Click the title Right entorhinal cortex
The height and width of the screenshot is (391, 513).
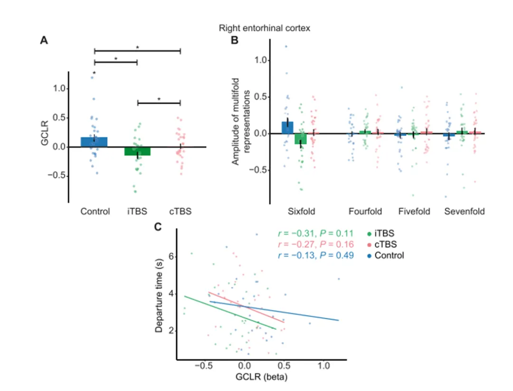click(x=264, y=29)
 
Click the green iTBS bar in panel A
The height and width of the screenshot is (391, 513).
click(x=137, y=151)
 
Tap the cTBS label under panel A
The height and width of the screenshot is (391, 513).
click(x=180, y=211)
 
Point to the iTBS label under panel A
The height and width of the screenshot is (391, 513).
click(x=137, y=211)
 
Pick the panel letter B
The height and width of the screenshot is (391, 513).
click(x=234, y=41)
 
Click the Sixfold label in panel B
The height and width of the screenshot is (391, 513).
click(x=301, y=211)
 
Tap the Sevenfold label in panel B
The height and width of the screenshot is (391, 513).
click(x=464, y=211)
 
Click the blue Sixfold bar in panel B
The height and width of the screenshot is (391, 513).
click(x=287, y=128)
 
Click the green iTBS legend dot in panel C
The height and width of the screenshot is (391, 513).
click(x=370, y=234)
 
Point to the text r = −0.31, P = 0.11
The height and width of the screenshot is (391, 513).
click(x=315, y=234)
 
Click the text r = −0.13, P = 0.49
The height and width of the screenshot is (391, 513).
click(x=315, y=256)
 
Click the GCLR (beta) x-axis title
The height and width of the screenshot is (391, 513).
click(x=260, y=378)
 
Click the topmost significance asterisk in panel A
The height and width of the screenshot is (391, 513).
click(x=137, y=48)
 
